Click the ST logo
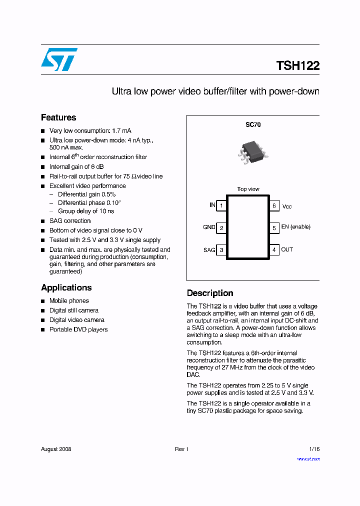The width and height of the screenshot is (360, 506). point(59,59)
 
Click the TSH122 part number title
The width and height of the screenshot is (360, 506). point(297,65)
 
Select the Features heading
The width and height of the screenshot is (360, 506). point(58,117)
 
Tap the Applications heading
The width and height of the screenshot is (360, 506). point(66,287)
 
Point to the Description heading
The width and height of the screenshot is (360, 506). point(210,293)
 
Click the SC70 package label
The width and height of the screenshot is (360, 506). point(253,125)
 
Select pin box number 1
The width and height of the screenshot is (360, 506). point(221,205)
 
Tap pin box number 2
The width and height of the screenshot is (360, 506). point(221,227)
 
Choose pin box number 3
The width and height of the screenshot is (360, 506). point(221,250)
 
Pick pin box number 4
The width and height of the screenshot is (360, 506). point(274,250)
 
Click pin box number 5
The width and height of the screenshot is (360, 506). point(274,227)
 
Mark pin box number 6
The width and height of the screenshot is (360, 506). point(274,205)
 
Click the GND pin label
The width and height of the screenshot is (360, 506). point(209,227)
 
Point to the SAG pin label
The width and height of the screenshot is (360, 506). point(209,249)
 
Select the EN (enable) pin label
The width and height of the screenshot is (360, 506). point(295,227)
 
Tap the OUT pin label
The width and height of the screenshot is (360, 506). point(287,249)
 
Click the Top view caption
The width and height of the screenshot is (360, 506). point(248,189)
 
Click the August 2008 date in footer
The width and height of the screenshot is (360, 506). point(56,449)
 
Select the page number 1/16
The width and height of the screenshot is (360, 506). point(314,449)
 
